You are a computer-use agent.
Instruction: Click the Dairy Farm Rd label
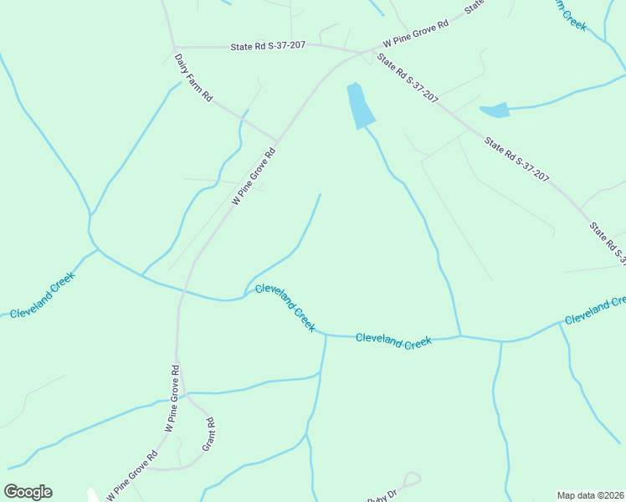pyautogui.click(x=192, y=78)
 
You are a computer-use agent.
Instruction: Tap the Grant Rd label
pyautogui.click(x=210, y=434)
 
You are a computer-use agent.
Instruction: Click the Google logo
pyautogui.click(x=28, y=492)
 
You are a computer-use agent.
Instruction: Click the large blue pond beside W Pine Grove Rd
pyautogui.click(x=358, y=105)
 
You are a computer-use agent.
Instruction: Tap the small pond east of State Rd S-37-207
pyautogui.click(x=495, y=110)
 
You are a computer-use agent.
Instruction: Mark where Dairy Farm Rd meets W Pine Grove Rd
pyautogui.click(x=277, y=141)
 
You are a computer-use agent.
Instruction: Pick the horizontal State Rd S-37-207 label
pyautogui.click(x=267, y=47)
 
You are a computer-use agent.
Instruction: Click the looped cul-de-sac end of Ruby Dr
pyautogui.click(x=410, y=479)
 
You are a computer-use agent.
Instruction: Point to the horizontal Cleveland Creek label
pyautogui.click(x=393, y=341)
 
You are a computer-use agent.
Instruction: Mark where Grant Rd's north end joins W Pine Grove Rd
pyautogui.click(x=187, y=394)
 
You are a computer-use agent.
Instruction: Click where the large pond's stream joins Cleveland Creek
pyautogui.click(x=459, y=336)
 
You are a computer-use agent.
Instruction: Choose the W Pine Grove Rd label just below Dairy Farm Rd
pyautogui.click(x=254, y=177)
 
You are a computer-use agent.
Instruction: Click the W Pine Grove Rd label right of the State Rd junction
pyautogui.click(x=416, y=34)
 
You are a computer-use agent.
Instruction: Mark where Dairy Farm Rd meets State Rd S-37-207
pyautogui.click(x=174, y=47)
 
